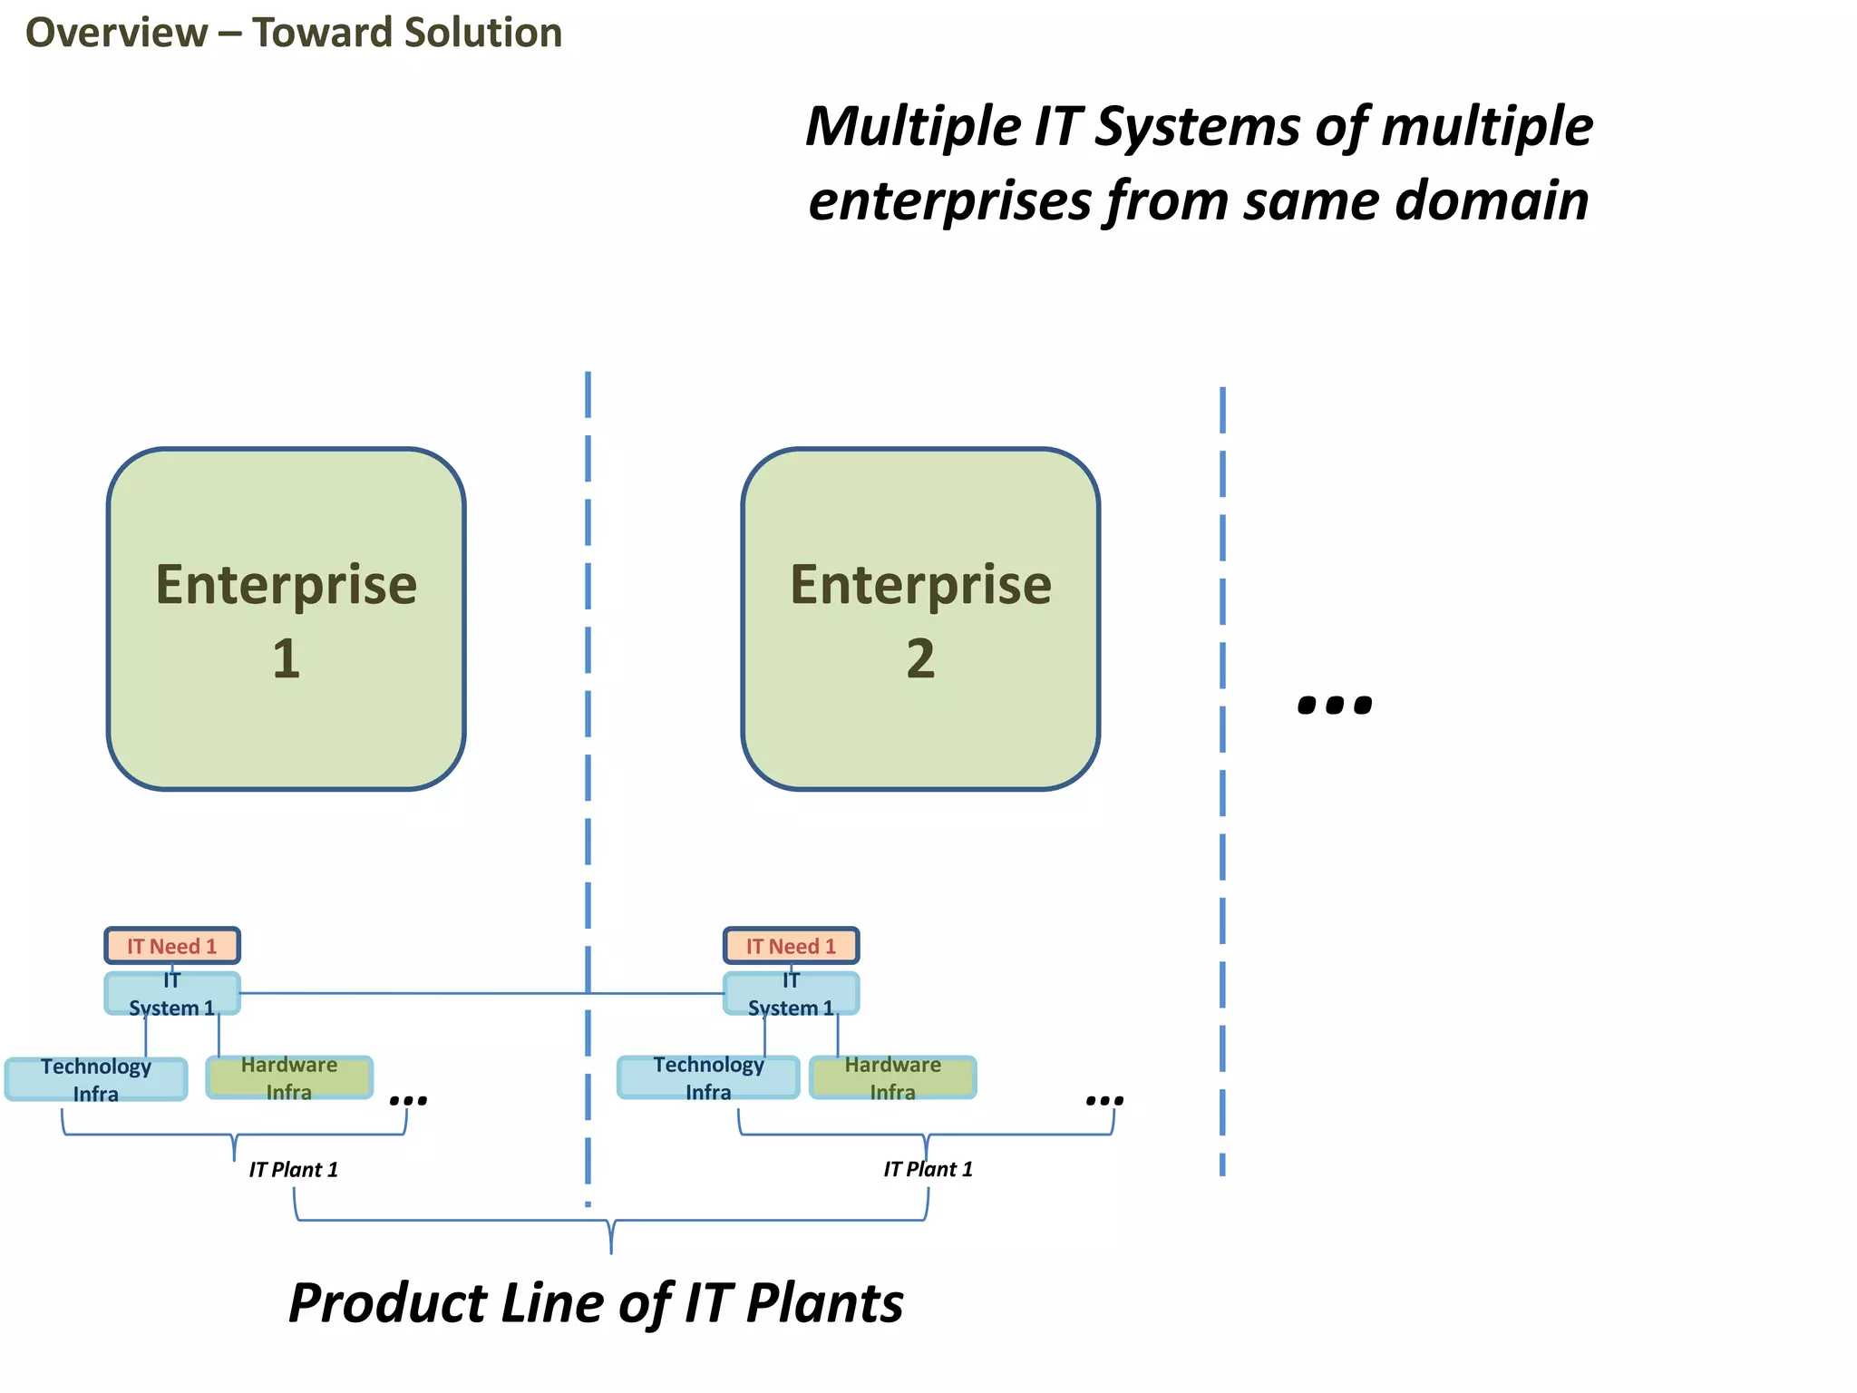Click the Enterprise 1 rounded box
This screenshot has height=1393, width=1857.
[x=286, y=619]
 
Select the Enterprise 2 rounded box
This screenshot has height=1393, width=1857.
[x=920, y=619]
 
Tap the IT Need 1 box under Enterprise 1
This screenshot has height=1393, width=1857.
[x=172, y=946]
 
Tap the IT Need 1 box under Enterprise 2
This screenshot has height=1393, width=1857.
[x=791, y=946]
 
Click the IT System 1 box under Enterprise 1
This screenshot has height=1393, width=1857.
[x=172, y=994]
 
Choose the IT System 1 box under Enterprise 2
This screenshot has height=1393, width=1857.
[x=791, y=994]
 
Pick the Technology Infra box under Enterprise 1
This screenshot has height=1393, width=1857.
[x=96, y=1079]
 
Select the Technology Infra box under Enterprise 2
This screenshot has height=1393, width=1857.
[x=708, y=1077]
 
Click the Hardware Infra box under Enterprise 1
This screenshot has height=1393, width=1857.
[x=289, y=1077]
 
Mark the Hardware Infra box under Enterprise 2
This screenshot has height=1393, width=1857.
[x=893, y=1077]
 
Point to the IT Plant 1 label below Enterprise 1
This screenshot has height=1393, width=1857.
[x=293, y=1170]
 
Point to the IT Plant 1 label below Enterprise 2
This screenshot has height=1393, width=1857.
[x=928, y=1170]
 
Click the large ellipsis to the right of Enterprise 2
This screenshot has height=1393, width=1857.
[x=1335, y=704]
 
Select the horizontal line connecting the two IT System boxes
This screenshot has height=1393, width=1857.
[x=481, y=993]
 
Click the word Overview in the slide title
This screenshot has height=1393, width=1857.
[x=116, y=33]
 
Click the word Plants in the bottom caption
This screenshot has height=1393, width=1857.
[x=824, y=1304]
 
